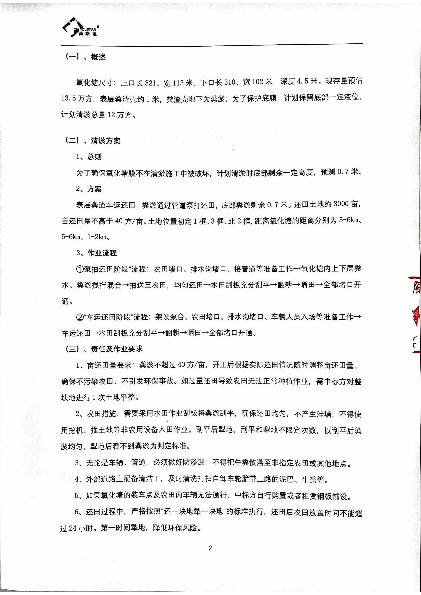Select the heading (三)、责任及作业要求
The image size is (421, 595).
pos(104,349)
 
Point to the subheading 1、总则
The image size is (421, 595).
pos(89,157)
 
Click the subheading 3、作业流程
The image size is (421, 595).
pos(96,253)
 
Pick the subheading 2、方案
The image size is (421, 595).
pos(89,189)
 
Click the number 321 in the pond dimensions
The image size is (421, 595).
pos(150,83)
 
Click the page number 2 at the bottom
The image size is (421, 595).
pos(210,548)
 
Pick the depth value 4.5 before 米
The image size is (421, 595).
pos(302,81)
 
